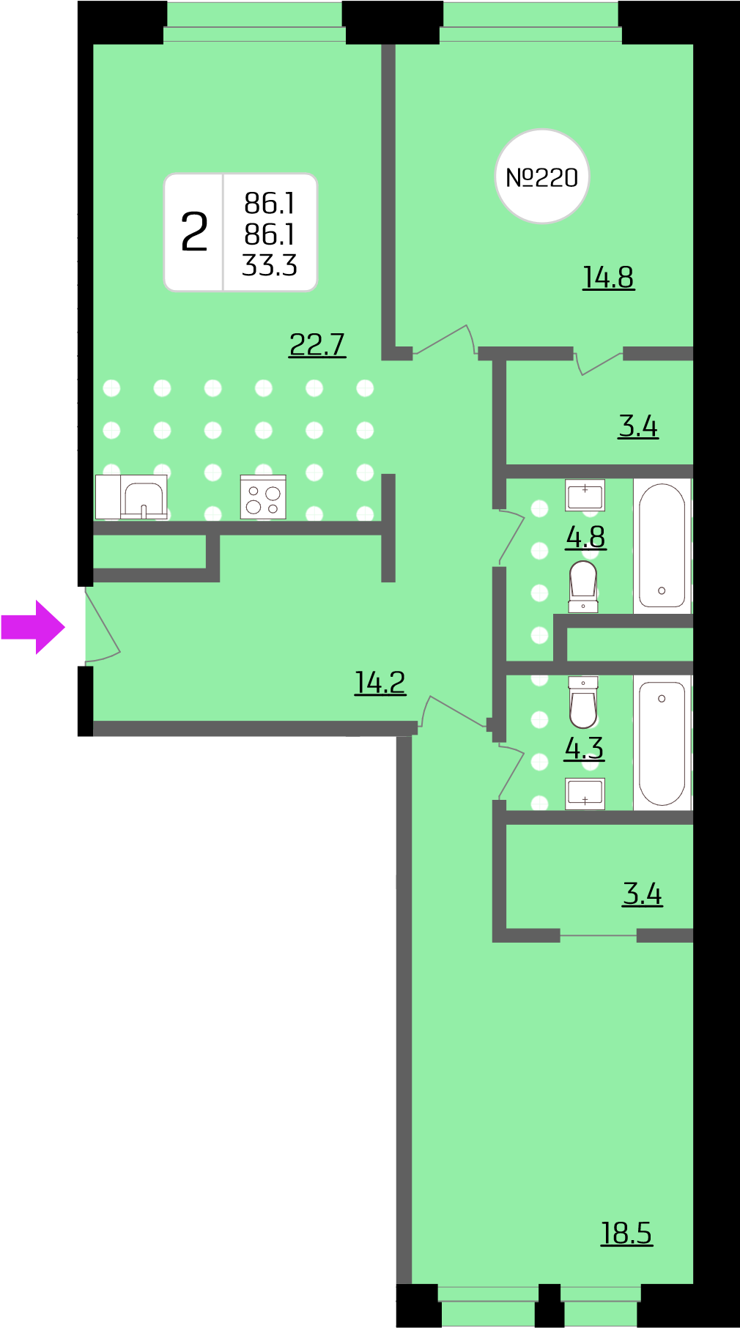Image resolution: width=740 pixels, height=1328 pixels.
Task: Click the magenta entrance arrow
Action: pos(33,627)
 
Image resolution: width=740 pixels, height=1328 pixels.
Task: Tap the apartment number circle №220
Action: pos(542,177)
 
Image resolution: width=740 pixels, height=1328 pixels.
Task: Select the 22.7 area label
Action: pos(317,344)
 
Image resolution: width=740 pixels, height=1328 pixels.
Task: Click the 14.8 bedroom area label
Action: pos(608,278)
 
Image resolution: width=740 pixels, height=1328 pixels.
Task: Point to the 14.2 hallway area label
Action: pos(380,683)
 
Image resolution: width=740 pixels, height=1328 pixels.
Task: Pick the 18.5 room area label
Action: pos(626,1233)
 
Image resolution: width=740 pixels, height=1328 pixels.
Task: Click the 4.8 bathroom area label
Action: pos(585,537)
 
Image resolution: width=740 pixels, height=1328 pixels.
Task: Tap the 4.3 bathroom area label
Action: pos(584,748)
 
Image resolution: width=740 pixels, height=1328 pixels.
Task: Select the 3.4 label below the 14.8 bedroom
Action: pos(638,426)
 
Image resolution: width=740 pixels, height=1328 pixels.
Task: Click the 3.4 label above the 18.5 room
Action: pos(643,894)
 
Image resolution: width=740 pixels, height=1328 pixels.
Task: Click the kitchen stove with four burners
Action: pos(263,497)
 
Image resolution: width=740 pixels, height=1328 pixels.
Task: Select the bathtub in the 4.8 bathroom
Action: pos(662,546)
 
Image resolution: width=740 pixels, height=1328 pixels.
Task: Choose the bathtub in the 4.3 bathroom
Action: pos(662,743)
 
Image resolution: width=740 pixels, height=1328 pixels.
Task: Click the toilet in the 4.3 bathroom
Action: pos(583,702)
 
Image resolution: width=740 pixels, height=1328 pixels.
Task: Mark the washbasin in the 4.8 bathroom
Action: pos(585,495)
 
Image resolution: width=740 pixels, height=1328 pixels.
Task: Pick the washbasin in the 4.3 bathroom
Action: pos(585,793)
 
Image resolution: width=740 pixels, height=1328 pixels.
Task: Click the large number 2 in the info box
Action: pos(194,232)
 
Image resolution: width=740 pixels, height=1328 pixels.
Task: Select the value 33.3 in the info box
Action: pos(270,265)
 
